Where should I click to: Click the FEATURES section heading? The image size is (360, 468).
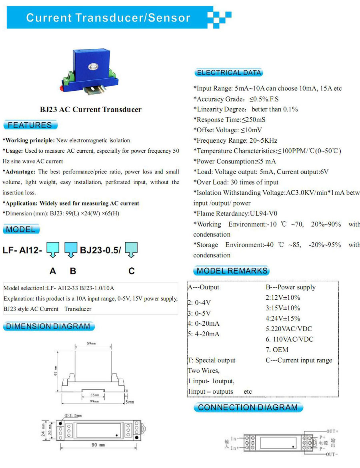coord(30,125)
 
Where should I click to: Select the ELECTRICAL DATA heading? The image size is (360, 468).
coord(229,73)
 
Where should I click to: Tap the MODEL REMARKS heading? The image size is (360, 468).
coord(232,271)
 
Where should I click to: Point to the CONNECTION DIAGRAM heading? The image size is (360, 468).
coord(248,408)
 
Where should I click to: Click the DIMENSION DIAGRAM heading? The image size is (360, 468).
coord(48,326)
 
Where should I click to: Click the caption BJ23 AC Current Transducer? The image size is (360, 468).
coord(90,110)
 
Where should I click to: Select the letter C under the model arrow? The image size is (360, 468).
coord(132,271)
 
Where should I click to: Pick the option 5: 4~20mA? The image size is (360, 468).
coord(204,334)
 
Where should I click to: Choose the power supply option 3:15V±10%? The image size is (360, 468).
coord(283,308)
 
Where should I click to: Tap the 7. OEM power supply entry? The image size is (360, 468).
coord(277,350)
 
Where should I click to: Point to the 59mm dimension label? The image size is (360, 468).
coord(91,344)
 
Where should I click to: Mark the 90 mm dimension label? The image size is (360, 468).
coord(96,445)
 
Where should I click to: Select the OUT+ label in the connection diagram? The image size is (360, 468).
coord(332,432)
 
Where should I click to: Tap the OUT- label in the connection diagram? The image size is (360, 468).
coord(332,455)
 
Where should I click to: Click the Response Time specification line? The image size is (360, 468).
coord(229,119)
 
